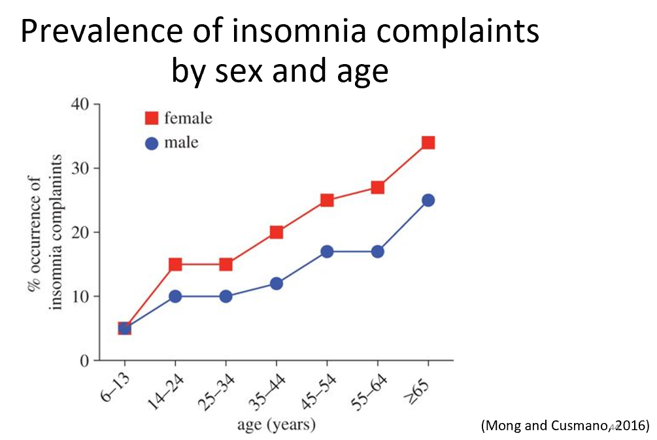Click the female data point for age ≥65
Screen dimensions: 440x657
[x=428, y=143]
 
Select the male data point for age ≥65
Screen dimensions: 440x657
[x=428, y=200]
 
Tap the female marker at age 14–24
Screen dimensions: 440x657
[x=175, y=264]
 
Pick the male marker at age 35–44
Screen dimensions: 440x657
[x=276, y=284]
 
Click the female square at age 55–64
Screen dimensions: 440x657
[x=377, y=188]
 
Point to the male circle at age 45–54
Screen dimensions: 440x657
[x=327, y=252]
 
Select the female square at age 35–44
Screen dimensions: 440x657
[x=276, y=232]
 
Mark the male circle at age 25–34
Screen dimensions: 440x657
[x=226, y=296]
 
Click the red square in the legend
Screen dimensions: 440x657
[x=152, y=118]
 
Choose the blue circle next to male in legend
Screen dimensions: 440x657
[x=152, y=143]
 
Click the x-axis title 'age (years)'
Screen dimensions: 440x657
[x=276, y=425]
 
